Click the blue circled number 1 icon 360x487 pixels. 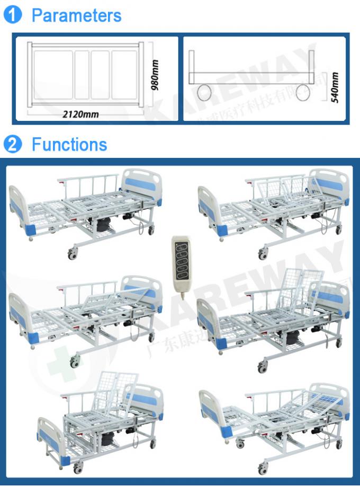[12, 15]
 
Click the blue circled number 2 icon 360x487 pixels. [12, 145]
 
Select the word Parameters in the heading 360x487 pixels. [76, 15]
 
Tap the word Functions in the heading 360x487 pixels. [69, 145]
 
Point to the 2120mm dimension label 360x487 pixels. [80, 114]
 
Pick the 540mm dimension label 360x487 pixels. [334, 87]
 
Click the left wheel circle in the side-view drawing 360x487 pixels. [204, 93]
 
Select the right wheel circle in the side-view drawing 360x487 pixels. [302, 93]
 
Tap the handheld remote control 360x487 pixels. [181, 259]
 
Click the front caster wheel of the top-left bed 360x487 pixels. [71, 255]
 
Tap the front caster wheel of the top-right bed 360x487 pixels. [263, 255]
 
